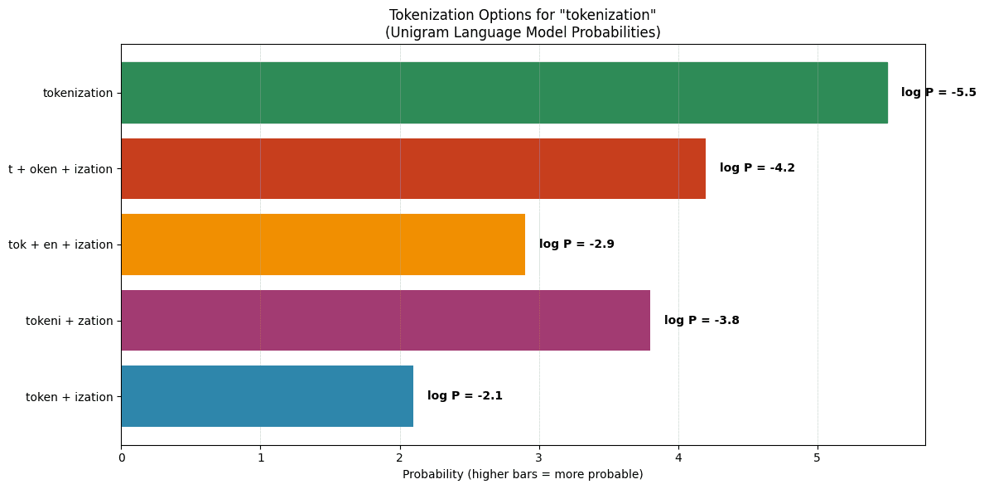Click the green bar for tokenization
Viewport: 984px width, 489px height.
504,93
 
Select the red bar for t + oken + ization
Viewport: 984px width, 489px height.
412,168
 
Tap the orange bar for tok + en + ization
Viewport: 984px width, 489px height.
323,244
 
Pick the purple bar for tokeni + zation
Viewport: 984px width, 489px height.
385,320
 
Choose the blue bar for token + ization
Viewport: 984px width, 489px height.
267,396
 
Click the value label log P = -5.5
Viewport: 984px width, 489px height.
938,93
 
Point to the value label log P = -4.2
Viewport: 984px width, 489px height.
757,168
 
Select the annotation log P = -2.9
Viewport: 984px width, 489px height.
576,244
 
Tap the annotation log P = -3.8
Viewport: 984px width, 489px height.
702,321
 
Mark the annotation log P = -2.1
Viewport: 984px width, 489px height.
465,396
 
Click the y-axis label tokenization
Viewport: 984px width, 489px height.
78,93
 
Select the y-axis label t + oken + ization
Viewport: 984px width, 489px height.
60,169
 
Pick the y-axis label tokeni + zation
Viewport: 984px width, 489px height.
70,321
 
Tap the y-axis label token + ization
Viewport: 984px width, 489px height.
70,397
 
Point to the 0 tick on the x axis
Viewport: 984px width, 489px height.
122,458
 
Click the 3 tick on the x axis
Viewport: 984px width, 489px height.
539,458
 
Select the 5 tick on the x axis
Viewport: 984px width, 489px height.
818,458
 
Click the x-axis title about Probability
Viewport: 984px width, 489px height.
523,475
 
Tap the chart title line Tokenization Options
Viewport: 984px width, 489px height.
523,15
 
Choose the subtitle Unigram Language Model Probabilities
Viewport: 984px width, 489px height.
523,32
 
